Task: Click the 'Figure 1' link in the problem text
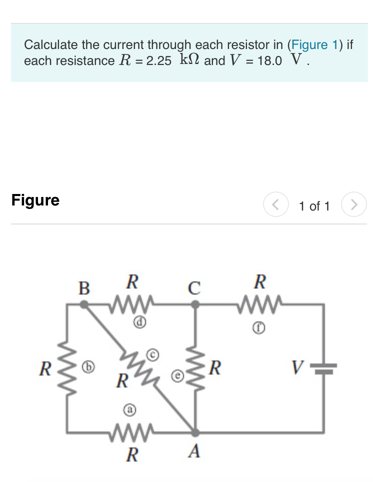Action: [315, 44]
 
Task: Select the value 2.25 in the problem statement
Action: [159, 61]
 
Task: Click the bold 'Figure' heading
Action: [35, 200]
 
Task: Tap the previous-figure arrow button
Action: [275, 205]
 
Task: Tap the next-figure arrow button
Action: [354, 205]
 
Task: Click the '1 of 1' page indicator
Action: [314, 206]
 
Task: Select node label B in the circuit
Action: [84, 288]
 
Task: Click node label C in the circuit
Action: [194, 288]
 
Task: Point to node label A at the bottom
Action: [194, 452]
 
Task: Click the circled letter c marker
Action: [154, 354]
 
